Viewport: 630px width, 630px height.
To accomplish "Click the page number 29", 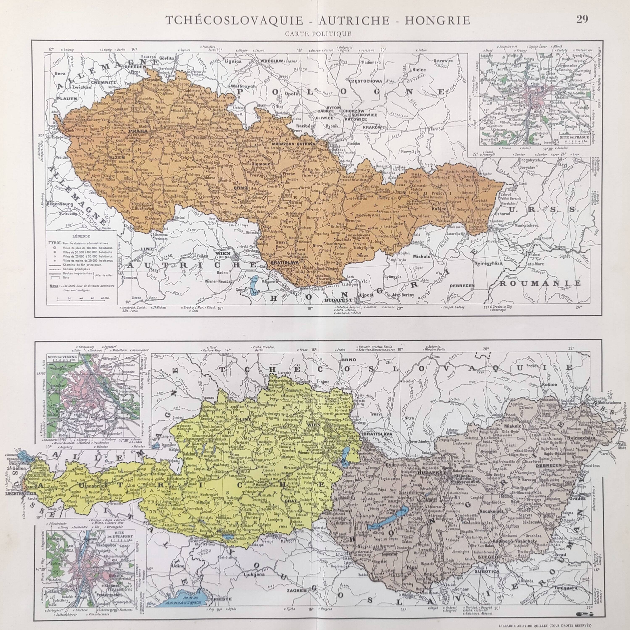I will point(582,20).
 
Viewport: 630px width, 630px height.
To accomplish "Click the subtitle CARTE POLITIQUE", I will point(318,33).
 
